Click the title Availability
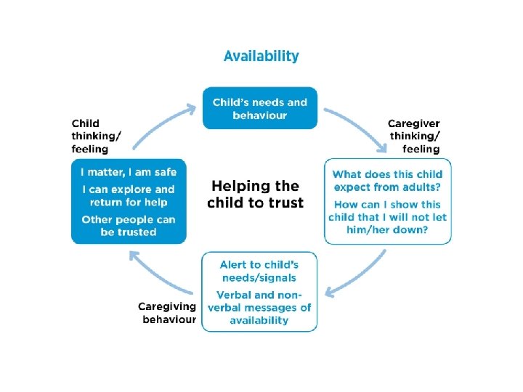click(x=261, y=56)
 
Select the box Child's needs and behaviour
click(x=259, y=109)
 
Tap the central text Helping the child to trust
click(x=255, y=195)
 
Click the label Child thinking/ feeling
click(x=97, y=136)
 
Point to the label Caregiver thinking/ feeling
click(x=414, y=136)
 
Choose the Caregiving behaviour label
click(x=167, y=313)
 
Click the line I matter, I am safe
click(x=129, y=172)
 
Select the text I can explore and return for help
click(x=129, y=196)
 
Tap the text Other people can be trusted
click(x=129, y=226)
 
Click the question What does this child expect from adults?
click(x=387, y=181)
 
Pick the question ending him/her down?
click(x=387, y=218)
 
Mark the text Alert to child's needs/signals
click(x=259, y=271)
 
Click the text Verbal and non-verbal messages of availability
click(x=259, y=307)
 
